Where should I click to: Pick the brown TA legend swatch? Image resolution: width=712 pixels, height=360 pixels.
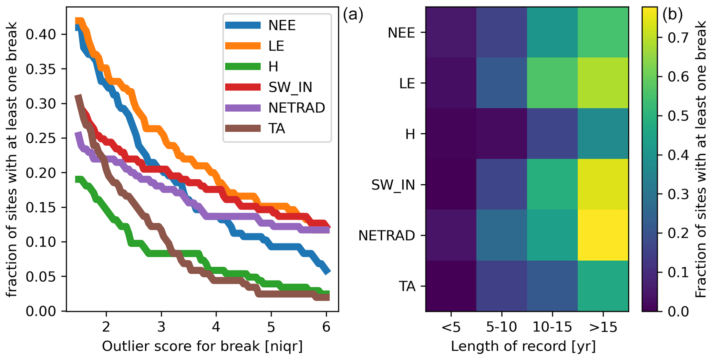[243, 128]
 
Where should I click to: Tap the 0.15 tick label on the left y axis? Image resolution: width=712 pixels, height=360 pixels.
[41, 207]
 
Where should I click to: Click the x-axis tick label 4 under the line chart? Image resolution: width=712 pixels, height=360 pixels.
[216, 326]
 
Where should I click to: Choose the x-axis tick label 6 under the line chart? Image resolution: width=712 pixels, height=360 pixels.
[326, 326]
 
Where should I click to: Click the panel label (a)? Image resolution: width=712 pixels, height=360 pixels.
[353, 16]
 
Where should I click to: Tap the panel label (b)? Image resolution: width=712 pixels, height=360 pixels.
[672, 16]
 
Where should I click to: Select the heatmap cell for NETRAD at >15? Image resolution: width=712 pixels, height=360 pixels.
[603, 235]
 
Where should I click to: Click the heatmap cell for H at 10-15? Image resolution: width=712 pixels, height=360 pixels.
[552, 134]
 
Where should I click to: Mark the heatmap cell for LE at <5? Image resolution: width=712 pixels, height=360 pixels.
[451, 83]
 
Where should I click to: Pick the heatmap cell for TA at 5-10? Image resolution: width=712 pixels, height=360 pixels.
[502, 286]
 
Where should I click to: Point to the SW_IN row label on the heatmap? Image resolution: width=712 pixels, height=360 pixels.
[393, 185]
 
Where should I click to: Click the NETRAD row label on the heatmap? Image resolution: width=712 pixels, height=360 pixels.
[386, 236]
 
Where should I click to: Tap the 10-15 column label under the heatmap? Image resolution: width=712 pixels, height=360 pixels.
[552, 327]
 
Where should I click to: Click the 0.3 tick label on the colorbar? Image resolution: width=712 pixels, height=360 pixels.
[677, 194]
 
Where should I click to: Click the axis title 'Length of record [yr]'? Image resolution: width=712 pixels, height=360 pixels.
[523, 346]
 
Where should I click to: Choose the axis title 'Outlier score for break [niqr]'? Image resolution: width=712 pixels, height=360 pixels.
[202, 346]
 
